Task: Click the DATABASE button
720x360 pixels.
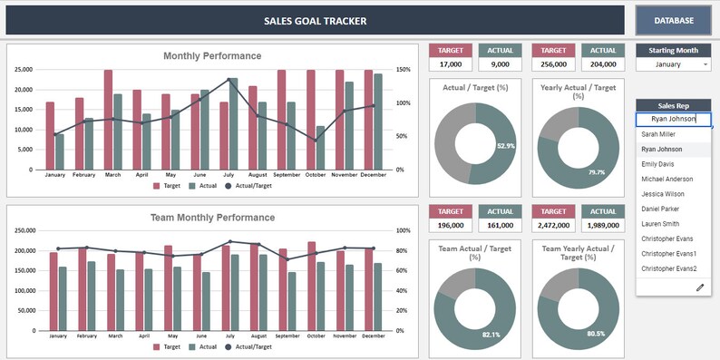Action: coord(674,21)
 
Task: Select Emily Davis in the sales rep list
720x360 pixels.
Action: coord(658,164)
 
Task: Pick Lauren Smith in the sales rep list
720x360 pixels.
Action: coord(660,224)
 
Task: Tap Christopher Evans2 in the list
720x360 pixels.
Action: coord(669,268)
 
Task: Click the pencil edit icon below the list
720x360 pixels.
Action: coord(700,287)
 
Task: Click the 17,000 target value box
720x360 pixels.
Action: coord(450,64)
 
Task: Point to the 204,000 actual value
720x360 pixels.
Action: coord(603,64)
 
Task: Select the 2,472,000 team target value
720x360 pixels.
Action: coord(554,225)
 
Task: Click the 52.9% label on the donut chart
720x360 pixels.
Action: coord(506,145)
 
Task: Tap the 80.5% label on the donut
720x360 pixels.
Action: coord(595,333)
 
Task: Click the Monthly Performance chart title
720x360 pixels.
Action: coord(212,56)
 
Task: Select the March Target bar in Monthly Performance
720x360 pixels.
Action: coord(108,119)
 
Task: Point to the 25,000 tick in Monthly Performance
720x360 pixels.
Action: coord(21,70)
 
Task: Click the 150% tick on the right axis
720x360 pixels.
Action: coord(404,70)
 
